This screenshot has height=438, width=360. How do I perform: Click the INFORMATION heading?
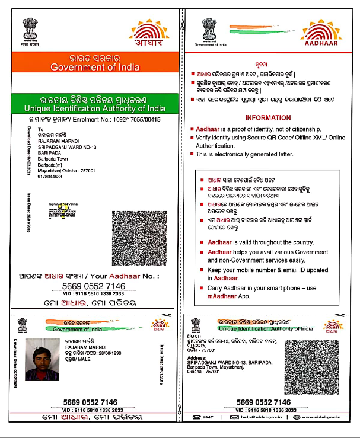(267, 117)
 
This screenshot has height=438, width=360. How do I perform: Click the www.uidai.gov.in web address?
(323, 418)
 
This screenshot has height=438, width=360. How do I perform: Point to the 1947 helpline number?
(208, 418)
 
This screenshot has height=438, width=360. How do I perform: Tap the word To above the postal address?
(40, 128)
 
